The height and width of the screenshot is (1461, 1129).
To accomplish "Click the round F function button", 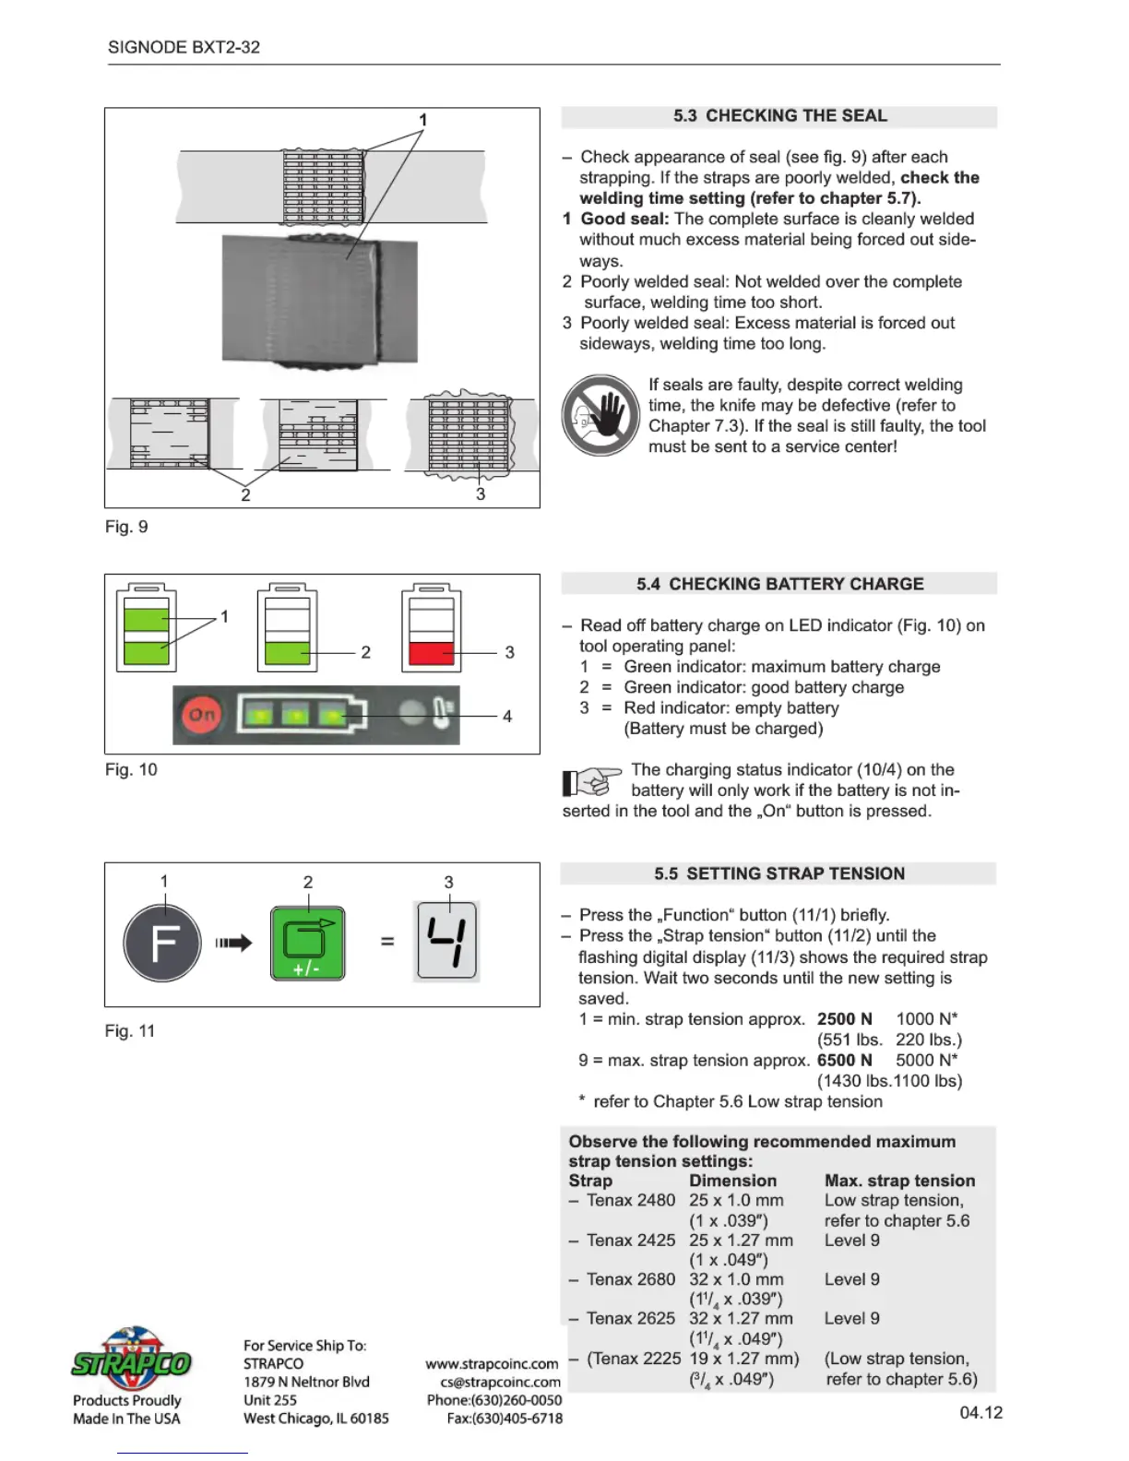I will click(x=162, y=943).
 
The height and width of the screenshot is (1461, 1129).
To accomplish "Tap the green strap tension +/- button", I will click(x=307, y=943).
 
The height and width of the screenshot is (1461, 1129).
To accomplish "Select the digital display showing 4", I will click(x=447, y=941).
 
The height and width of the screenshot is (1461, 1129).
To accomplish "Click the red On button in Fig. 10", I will click(x=202, y=715).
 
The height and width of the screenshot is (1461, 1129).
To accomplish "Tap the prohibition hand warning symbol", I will click(x=600, y=415).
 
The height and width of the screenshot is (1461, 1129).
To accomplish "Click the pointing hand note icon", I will click(x=591, y=781).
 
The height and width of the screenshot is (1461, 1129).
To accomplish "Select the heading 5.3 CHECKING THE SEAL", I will click(x=779, y=116).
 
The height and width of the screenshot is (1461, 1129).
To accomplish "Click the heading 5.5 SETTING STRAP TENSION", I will click(x=779, y=873).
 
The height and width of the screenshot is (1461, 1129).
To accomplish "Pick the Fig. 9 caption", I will click(x=126, y=527).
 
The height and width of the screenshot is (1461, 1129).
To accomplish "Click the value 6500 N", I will click(x=844, y=1060).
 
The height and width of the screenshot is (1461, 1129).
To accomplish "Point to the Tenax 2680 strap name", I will click(x=631, y=1279).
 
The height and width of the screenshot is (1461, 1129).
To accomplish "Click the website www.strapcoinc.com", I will click(x=492, y=1363).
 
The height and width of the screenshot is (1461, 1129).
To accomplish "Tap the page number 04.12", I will click(x=980, y=1412).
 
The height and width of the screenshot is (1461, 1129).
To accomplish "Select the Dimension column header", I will click(x=732, y=1181).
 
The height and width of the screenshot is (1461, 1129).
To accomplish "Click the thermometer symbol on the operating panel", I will click(x=442, y=715).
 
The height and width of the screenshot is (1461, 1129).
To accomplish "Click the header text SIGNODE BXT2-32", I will click(x=184, y=47).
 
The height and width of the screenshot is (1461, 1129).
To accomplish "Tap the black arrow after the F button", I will click(x=233, y=943).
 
